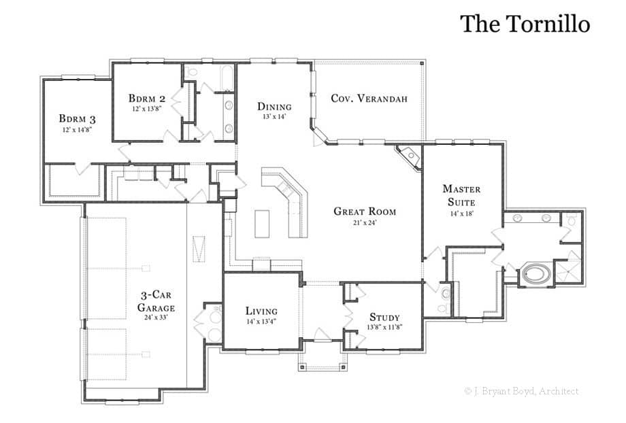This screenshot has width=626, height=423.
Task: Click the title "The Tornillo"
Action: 525,23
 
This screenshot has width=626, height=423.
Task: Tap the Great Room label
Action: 365,211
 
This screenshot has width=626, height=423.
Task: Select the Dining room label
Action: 274,107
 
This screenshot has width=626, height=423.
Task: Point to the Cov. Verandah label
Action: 369,99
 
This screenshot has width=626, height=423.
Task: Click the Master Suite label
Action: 461,195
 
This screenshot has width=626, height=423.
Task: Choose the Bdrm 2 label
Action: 147,97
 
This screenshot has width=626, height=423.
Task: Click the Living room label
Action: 261,311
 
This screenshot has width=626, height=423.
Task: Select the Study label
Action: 384,318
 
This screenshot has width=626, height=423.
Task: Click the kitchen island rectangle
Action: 263,224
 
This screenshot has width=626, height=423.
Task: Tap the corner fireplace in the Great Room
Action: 410,155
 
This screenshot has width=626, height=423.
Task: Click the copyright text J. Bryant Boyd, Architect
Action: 521,391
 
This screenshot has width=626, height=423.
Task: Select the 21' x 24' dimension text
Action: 365,222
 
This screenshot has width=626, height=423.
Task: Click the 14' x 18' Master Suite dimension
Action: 461,213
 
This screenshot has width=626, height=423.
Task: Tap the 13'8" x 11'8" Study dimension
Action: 385,327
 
